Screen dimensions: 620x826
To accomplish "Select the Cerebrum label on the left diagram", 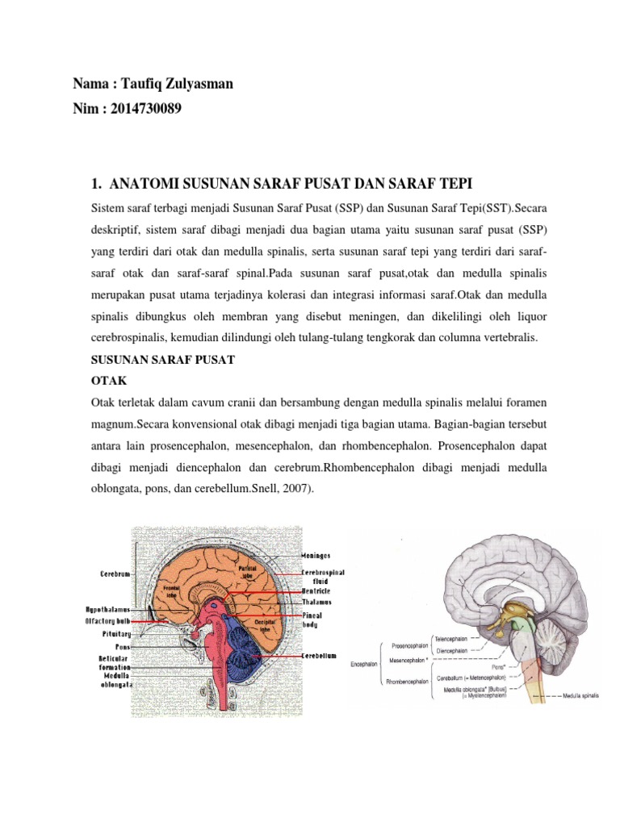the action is point(115,573).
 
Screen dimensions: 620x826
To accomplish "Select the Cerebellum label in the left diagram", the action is point(319,656).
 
